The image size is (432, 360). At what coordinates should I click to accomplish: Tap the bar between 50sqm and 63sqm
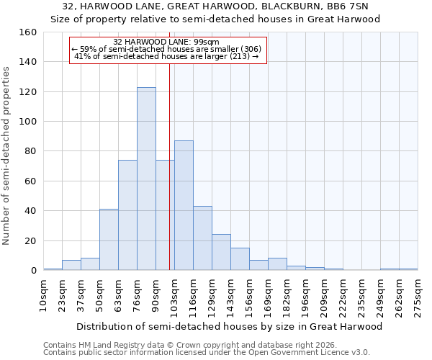coord(109,240)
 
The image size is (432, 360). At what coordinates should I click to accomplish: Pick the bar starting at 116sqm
coord(202,238)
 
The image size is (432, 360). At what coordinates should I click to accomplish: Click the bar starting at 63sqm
coord(127,215)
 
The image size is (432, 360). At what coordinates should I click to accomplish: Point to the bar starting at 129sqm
coord(221,252)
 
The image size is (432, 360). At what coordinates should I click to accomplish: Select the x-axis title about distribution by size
coord(229,326)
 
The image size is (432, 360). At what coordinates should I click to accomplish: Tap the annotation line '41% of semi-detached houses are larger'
coord(166,56)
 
